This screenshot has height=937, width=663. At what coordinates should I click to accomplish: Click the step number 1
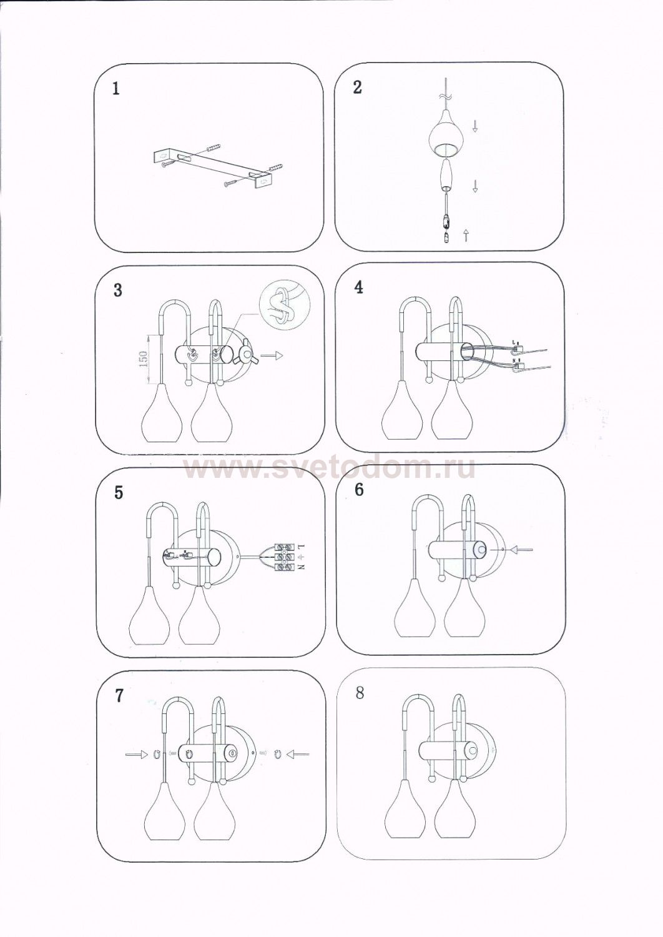pos(115,89)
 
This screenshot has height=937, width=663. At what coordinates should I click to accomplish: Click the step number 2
pos(357,87)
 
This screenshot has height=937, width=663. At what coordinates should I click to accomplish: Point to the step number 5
pos(119,493)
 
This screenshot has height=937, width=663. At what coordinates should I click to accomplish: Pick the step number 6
pos(359,490)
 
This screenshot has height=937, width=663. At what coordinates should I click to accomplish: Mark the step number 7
pos(120,696)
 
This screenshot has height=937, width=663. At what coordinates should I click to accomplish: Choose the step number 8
pos(360,693)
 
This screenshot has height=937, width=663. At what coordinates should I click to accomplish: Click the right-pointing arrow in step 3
pos(272,356)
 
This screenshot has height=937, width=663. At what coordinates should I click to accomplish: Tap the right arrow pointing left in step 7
pos(298,755)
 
